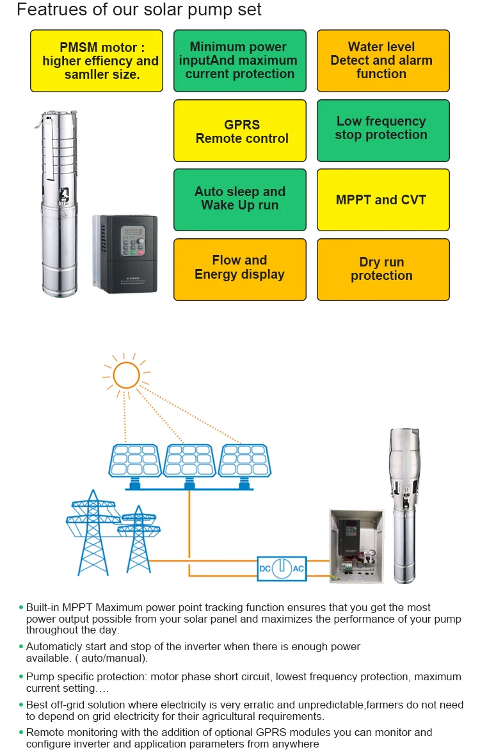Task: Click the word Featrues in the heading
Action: tap(48, 11)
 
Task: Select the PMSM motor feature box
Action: tap(100, 61)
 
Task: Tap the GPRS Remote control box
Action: tap(239, 131)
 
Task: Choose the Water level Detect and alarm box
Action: tap(383, 61)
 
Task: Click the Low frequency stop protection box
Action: tap(383, 130)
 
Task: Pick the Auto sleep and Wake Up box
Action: tap(239, 199)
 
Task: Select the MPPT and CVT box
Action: tap(383, 200)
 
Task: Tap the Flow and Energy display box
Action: tap(239, 269)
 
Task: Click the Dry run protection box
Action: tap(383, 269)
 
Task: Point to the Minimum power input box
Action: tap(239, 61)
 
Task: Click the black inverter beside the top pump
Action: tap(125, 254)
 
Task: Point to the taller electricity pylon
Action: tap(93, 532)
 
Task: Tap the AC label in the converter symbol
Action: tap(298, 569)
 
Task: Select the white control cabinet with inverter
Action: tap(356, 545)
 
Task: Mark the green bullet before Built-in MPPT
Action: tap(21, 607)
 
